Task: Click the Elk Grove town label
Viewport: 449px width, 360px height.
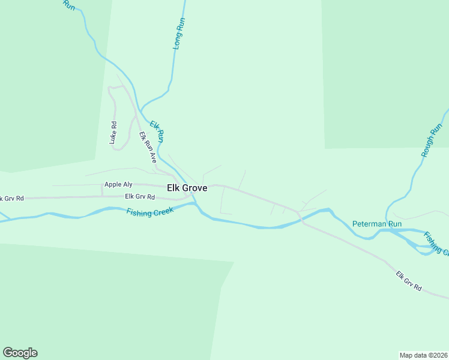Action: pos(187,188)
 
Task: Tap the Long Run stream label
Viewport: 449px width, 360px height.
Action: pos(178,33)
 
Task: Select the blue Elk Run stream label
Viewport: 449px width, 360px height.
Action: pos(157,131)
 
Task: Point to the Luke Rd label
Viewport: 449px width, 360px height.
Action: pos(112,133)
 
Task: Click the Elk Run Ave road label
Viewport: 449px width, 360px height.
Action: pos(147,148)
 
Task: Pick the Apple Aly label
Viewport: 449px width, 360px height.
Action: pos(118,185)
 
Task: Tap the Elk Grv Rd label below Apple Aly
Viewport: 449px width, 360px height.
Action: pos(140,196)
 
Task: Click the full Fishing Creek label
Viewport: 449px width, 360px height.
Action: pos(149,211)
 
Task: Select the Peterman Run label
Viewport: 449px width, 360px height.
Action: pos(376,224)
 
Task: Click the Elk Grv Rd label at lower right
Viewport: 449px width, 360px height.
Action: pos(409,282)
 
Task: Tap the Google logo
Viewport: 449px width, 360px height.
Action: pos(20,353)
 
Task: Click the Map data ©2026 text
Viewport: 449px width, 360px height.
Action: pos(423,355)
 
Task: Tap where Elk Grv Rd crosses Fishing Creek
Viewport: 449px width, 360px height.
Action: pos(301,217)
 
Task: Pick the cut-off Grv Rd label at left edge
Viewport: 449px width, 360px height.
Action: pos(11,199)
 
